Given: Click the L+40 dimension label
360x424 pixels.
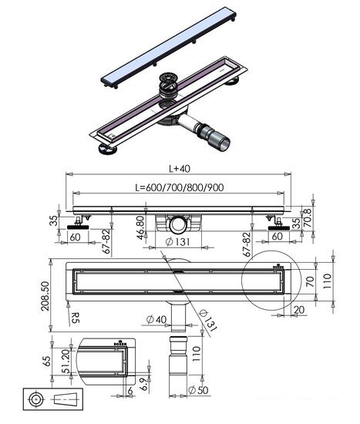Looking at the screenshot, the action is pyautogui.click(x=180, y=169).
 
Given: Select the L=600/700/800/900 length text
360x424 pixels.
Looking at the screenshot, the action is pyautogui.click(x=180, y=187).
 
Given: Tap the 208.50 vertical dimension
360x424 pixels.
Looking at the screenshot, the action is pyautogui.click(x=45, y=296).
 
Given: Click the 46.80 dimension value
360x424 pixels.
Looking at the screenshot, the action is pyautogui.click(x=140, y=227).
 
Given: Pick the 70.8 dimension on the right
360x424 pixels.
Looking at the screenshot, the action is pyautogui.click(x=308, y=217).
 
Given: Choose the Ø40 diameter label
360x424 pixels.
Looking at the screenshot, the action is pyautogui.click(x=156, y=319).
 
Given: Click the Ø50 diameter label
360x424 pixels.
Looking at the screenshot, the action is pyautogui.click(x=198, y=390).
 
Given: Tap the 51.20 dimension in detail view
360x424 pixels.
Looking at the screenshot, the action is pyautogui.click(x=66, y=362).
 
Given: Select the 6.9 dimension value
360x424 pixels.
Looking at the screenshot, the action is pyautogui.click(x=143, y=384).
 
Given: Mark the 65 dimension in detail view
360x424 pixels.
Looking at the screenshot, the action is pyautogui.click(x=46, y=361).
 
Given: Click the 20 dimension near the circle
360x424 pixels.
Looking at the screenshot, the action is pyautogui.click(x=298, y=309).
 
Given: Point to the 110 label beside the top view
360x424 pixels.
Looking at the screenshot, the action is pyautogui.click(x=327, y=281).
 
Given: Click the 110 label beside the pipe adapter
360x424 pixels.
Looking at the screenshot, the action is pyautogui.click(x=196, y=354).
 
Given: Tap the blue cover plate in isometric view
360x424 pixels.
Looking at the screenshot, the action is pyautogui.click(x=169, y=46).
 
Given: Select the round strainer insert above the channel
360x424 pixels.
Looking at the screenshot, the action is pyautogui.click(x=168, y=84).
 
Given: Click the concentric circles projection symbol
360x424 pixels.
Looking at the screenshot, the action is pyautogui.click(x=36, y=399).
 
